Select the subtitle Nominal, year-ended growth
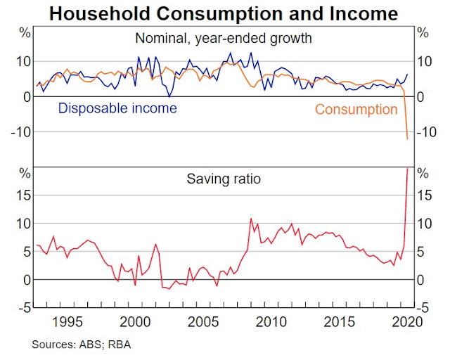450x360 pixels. (224, 39)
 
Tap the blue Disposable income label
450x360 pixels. (117, 108)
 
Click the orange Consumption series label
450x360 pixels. (356, 110)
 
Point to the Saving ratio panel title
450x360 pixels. (224, 179)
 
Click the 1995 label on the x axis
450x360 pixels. (67, 322)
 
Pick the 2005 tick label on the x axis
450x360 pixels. (203, 322)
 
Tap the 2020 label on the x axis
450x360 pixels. (407, 322)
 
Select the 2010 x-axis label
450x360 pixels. (271, 322)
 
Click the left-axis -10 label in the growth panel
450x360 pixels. (20, 132)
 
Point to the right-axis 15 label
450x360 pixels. (424, 195)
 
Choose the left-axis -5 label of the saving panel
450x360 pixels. (24, 308)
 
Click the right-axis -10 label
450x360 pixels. (427, 132)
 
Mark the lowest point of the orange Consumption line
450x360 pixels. (407, 139)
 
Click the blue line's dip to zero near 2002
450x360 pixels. (169, 97)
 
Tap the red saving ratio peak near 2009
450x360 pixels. (251, 219)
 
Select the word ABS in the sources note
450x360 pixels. (91, 345)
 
